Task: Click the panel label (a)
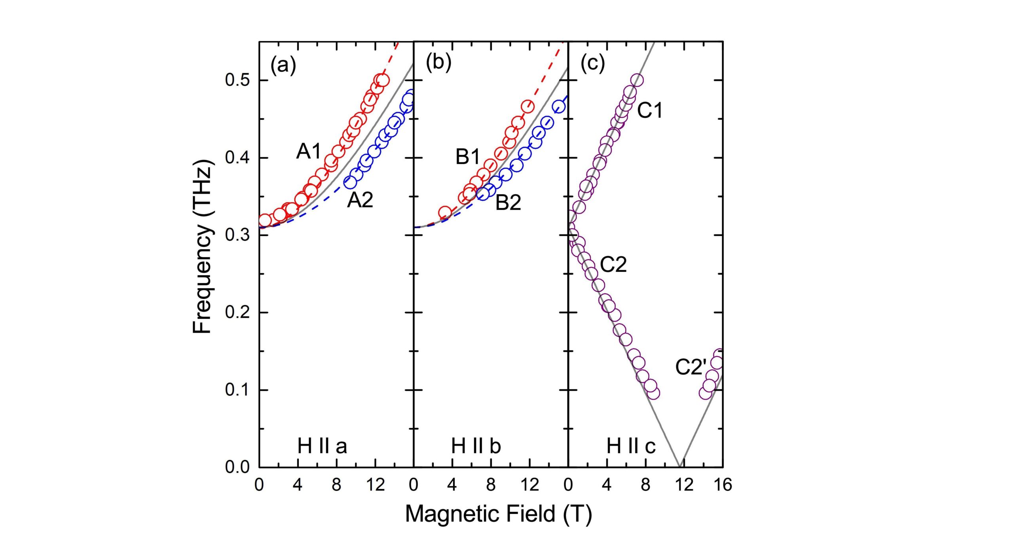pos(283,64)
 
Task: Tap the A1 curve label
pos(309,151)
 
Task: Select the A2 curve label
pos(360,200)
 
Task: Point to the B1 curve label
pos(467,157)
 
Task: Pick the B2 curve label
pos(508,203)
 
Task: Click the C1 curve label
pos(649,110)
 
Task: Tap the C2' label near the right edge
pos(691,367)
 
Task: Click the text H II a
pos(322,447)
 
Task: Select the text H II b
pos(476,447)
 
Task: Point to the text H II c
pos(631,447)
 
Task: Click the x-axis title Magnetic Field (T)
pos(498,514)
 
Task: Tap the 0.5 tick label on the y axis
pos(237,80)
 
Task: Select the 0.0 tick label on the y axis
pos(237,467)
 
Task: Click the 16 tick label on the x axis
pos(723,485)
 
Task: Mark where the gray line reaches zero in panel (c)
pos(679,466)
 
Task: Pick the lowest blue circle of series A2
pos(351,182)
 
